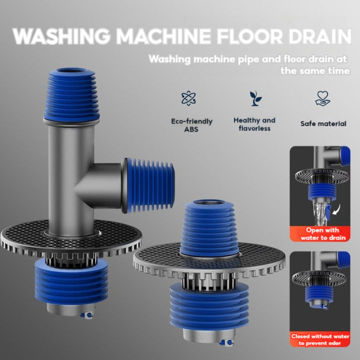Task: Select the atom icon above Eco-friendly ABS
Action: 188,98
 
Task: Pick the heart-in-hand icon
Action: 322,98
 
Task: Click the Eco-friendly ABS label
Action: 191,125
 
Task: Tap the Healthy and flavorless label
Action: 254,124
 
